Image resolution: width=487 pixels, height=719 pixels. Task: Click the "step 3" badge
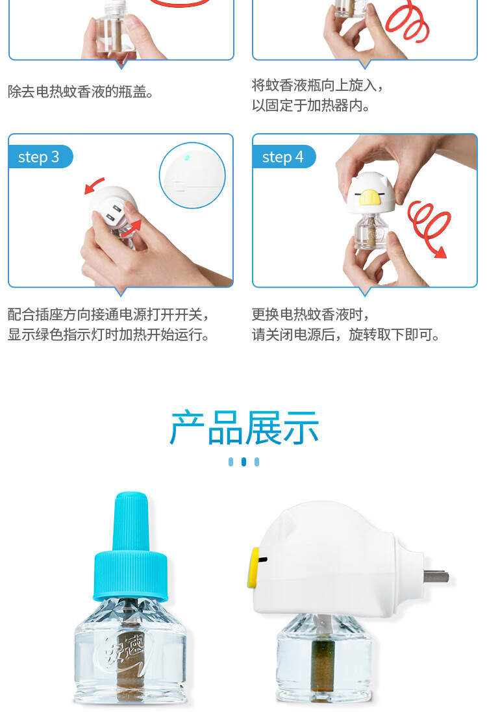(40, 157)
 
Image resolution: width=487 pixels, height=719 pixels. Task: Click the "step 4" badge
(284, 157)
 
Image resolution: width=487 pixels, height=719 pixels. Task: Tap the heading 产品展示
(244, 428)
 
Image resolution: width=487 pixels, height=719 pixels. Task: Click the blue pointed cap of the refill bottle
(131, 546)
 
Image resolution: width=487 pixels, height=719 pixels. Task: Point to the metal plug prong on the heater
(436, 576)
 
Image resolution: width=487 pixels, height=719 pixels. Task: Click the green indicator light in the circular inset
(186, 158)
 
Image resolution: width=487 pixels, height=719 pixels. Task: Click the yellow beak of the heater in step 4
(369, 197)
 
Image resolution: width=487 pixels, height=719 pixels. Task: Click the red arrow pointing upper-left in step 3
(94, 186)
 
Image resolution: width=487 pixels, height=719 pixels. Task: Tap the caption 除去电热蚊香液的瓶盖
(81, 92)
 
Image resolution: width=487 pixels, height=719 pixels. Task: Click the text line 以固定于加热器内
(310, 105)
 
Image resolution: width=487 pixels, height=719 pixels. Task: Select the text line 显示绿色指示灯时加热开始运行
(108, 334)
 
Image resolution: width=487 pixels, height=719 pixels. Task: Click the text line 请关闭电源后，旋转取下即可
(345, 334)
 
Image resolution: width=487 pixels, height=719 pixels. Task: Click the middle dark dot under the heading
(244, 462)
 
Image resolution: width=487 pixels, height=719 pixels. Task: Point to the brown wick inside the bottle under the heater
(322, 670)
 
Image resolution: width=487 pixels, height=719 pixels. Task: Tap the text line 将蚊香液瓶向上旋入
(317, 85)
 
